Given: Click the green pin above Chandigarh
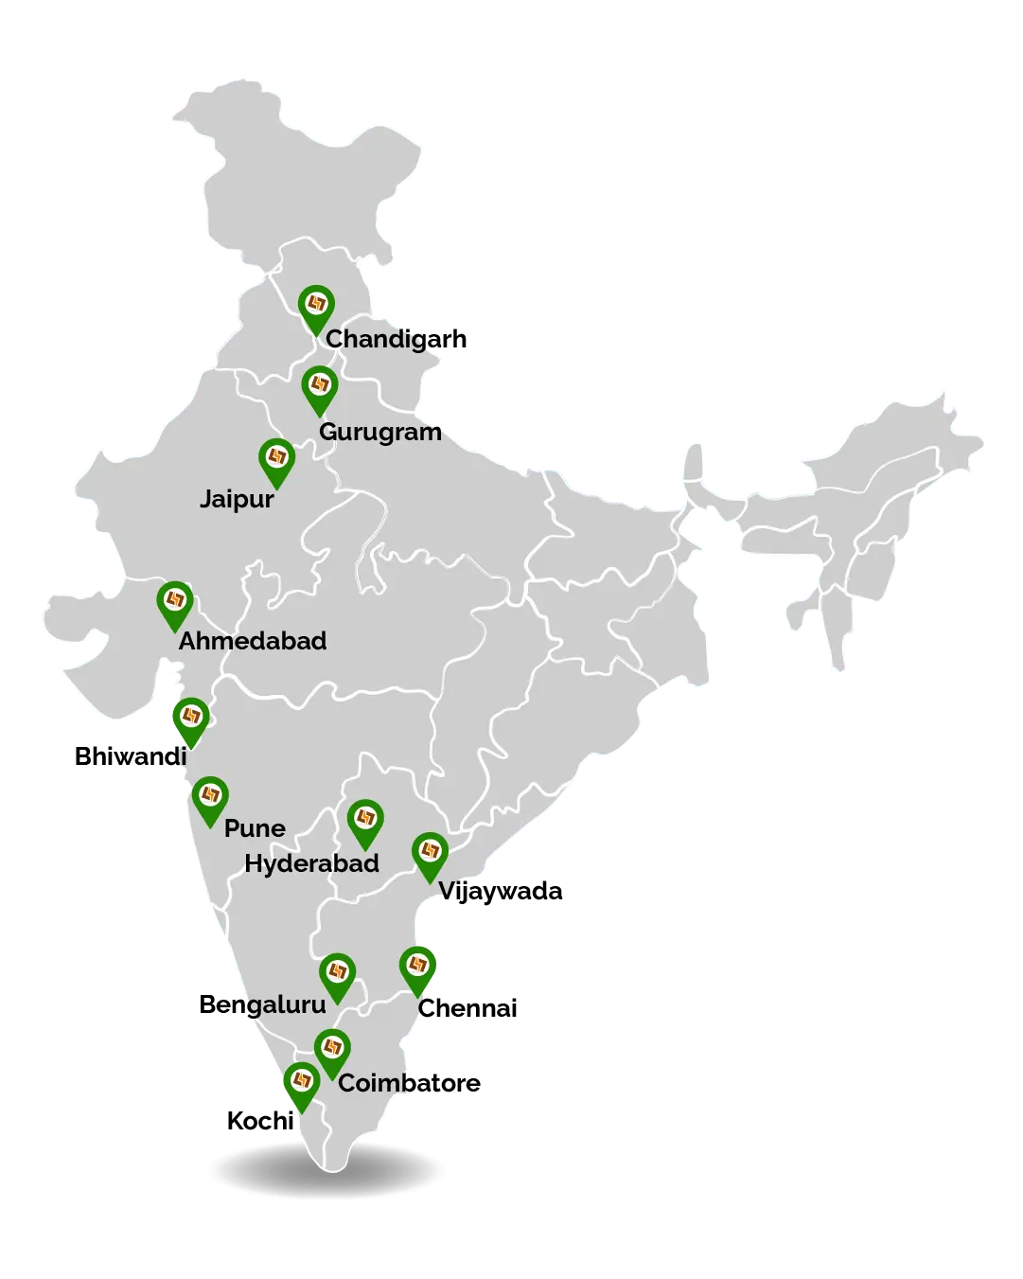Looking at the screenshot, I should pyautogui.click(x=316, y=306).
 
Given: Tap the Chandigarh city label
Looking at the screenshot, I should pyautogui.click(x=396, y=339).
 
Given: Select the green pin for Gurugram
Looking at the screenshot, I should pyautogui.click(x=320, y=387).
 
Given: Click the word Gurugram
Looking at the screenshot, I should pyautogui.click(x=379, y=432).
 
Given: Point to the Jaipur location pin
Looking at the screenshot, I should pyautogui.click(x=276, y=459).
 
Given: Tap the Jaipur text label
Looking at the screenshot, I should pyautogui.click(x=237, y=499).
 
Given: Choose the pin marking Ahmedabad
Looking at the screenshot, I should pyautogui.click(x=174, y=602).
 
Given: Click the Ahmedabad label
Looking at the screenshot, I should pyautogui.click(x=253, y=641).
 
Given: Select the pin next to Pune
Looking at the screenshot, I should pyautogui.click(x=210, y=797).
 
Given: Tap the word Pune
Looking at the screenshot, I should pyautogui.click(x=255, y=828).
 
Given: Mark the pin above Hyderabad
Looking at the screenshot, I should pyautogui.click(x=365, y=820).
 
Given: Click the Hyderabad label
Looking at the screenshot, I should pyautogui.click(x=311, y=863).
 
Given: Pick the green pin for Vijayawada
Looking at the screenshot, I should pyautogui.click(x=430, y=853).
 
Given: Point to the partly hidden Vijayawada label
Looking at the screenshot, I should pyautogui.click(x=502, y=892).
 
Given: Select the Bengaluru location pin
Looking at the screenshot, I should pyautogui.click(x=337, y=974).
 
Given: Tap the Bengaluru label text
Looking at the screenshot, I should pyautogui.click(x=262, y=1004).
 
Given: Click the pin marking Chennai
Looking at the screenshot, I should pyautogui.click(x=417, y=968).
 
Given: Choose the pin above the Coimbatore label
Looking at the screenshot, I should pyautogui.click(x=332, y=1049).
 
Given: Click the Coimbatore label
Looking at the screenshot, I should pyautogui.click(x=410, y=1083).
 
